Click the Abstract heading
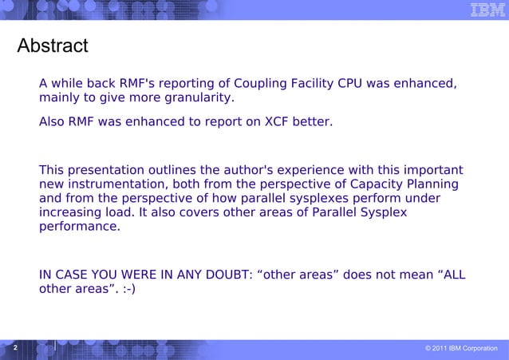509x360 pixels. click(53, 45)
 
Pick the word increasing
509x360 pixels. click(69, 213)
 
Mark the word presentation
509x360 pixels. click(107, 170)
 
